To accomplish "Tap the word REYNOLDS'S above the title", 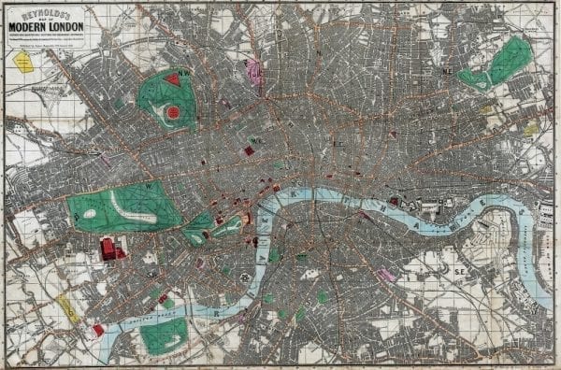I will pyautogui.click(x=46, y=14).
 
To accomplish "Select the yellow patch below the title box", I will pyautogui.click(x=22, y=62).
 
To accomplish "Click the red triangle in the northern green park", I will pyautogui.click(x=172, y=80).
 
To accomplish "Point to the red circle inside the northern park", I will pyautogui.click(x=172, y=112).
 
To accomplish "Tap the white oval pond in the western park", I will pyautogui.click(x=89, y=214).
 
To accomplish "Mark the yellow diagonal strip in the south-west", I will pyautogui.click(x=68, y=308).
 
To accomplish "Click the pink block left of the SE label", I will pyautogui.click(x=385, y=275).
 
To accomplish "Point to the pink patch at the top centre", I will pyautogui.click(x=252, y=70).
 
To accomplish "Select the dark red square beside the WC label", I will pyautogui.click(x=250, y=150).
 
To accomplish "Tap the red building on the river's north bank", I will pyautogui.click(x=395, y=200).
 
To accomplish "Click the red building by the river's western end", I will pyautogui.click(x=98, y=329).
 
